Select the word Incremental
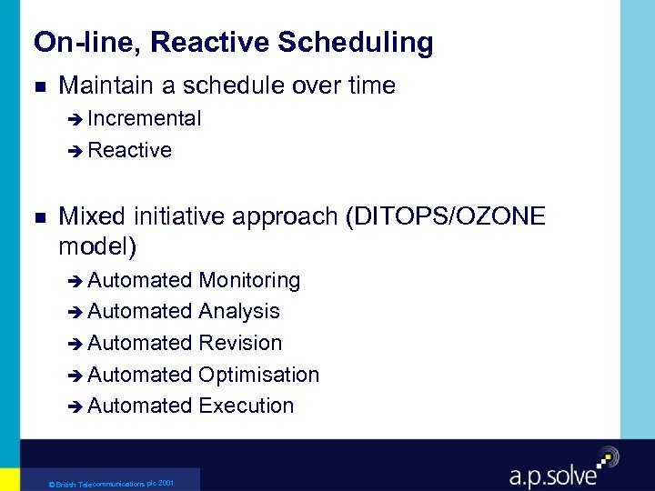(x=145, y=118)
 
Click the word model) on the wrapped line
(x=96, y=245)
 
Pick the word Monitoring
(x=249, y=280)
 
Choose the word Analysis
(x=238, y=311)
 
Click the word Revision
(x=240, y=343)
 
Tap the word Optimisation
(x=258, y=375)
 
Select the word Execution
(x=246, y=406)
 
